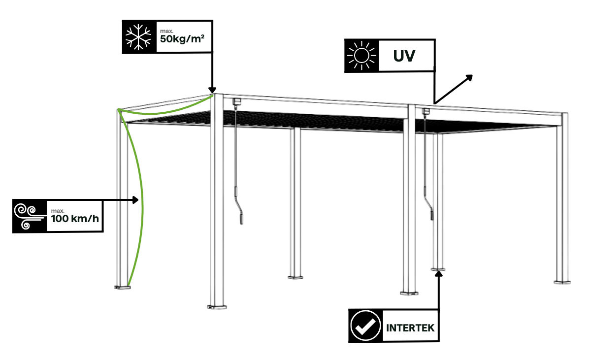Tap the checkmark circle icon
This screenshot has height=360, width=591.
tap(365, 326)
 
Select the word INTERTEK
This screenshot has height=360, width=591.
tap(411, 327)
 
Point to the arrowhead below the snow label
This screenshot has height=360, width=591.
tap(212, 90)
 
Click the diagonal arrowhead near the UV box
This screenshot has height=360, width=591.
tap(469, 78)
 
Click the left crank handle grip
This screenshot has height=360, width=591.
tap(241, 217)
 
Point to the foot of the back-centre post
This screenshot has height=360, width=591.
tap(295, 277)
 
